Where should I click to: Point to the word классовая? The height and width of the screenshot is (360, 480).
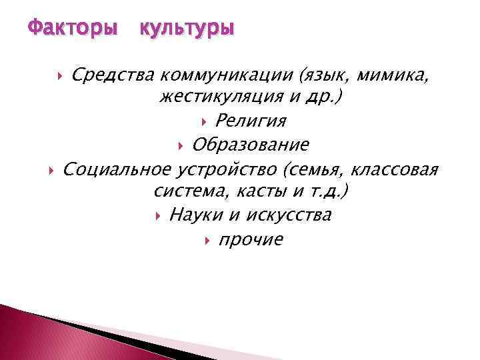coord(396,169)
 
